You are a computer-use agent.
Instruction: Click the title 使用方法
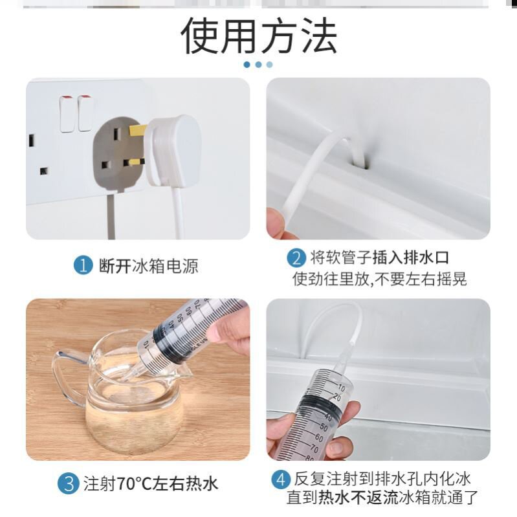click(259, 35)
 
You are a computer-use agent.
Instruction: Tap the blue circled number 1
click(82, 266)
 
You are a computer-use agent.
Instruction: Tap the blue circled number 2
click(296, 258)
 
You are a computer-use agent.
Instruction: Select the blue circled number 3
click(68, 483)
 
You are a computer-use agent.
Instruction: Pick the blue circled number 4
click(281, 479)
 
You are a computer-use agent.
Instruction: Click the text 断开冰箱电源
click(149, 266)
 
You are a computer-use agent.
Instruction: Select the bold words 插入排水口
click(411, 258)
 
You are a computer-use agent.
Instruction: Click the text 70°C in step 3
click(134, 484)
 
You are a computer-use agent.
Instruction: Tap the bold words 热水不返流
click(358, 498)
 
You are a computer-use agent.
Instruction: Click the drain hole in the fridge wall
click(363, 162)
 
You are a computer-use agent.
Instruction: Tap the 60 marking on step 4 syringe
click(319, 437)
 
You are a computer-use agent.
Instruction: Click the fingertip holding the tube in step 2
click(277, 221)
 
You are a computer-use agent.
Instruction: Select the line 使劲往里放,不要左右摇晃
click(380, 279)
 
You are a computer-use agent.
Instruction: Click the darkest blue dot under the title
click(247, 65)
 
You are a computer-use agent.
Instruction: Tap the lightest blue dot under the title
click(269, 65)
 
